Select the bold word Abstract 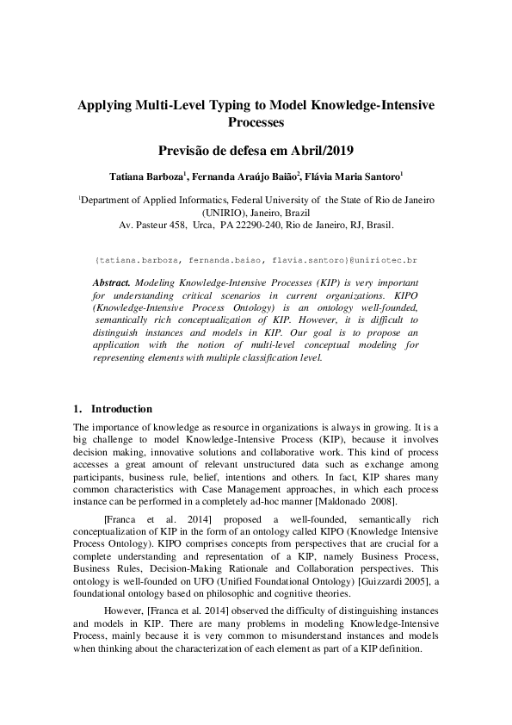pos(111,282)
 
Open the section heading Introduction pos(122,409)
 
